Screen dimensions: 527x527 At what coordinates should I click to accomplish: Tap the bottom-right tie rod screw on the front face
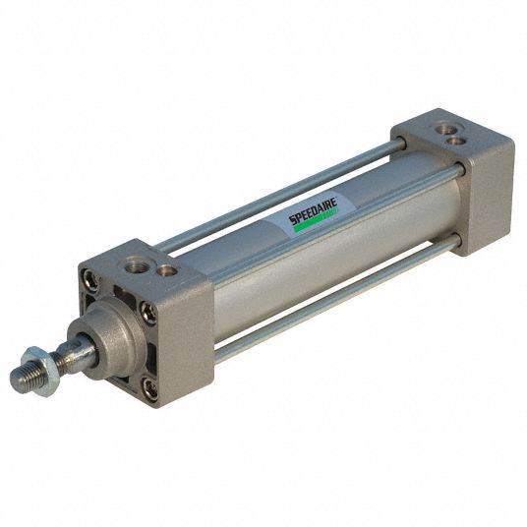pos(149,391)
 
